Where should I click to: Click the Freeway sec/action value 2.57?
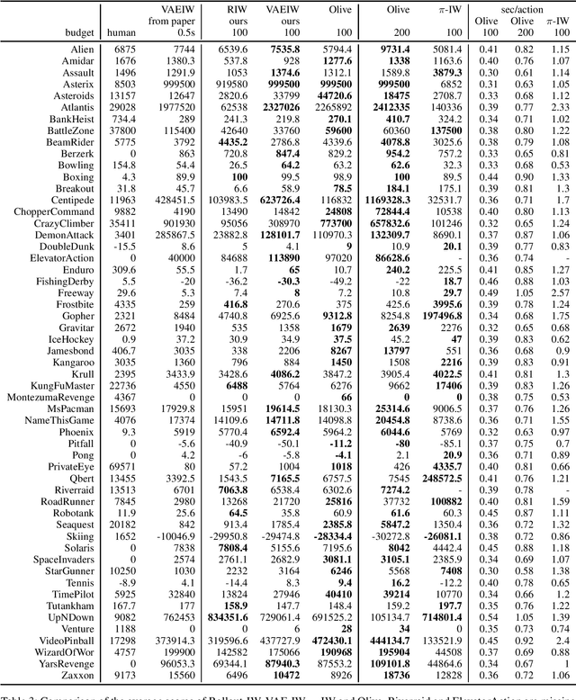pyautogui.click(x=560, y=292)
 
